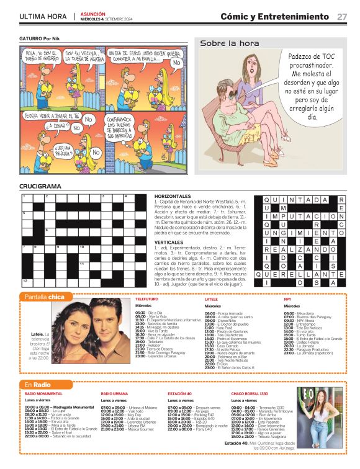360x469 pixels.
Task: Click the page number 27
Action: point(342,17)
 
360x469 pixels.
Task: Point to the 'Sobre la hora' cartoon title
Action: point(230,43)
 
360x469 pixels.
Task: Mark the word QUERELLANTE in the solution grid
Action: point(304,273)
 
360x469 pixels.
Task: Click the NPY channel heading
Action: point(287,299)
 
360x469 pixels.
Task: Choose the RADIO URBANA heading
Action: point(114,393)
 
